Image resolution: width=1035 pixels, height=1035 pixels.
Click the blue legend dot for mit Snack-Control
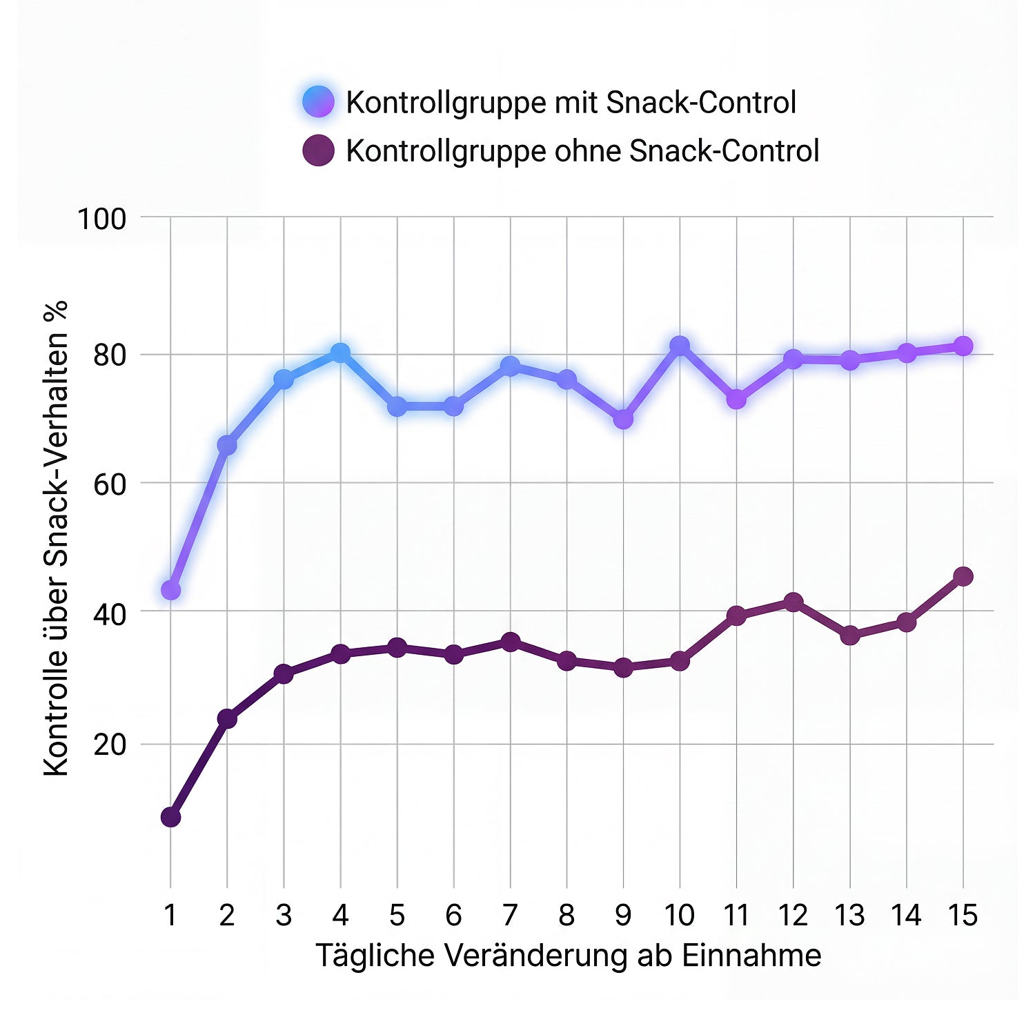pos(318,102)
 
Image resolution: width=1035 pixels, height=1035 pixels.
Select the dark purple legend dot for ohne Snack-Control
pos(318,150)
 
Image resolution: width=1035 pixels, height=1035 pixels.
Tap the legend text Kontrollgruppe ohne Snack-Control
pos(582,151)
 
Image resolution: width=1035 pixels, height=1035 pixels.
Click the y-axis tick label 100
pos(101,219)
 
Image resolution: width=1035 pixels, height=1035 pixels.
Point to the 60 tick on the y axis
pos(110,484)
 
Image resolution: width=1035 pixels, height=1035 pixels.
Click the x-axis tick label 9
pos(622,916)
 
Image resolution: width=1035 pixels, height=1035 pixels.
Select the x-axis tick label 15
pos(963,916)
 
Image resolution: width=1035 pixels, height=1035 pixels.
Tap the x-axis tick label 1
pos(170,916)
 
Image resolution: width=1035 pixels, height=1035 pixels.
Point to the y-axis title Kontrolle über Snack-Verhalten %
pos(57,538)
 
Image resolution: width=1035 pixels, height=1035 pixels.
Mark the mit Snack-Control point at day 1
pos(170,590)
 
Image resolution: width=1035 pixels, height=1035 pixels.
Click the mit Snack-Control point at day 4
pos(340,353)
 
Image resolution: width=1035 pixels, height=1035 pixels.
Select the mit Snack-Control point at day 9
pos(623,419)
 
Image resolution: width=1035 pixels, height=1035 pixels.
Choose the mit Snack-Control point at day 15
pos(963,346)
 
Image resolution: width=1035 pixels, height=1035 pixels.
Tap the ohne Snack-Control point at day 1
pos(170,818)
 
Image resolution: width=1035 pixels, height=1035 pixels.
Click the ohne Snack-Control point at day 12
pos(793,602)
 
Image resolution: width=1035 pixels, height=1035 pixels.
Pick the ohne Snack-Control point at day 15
pos(963,576)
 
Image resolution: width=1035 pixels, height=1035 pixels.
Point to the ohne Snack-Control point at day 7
pos(510,642)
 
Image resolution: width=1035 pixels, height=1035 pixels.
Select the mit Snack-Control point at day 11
pos(736,399)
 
